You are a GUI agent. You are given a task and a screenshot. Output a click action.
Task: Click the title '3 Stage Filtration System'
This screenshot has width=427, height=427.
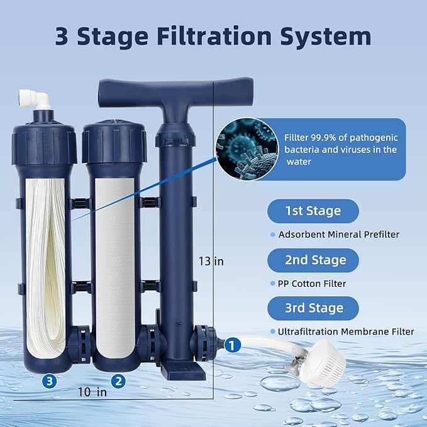tap(213, 36)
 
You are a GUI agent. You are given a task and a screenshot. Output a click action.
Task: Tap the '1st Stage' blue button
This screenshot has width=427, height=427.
tap(313, 211)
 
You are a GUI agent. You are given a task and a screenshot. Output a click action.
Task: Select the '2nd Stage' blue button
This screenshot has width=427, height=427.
tap(313, 260)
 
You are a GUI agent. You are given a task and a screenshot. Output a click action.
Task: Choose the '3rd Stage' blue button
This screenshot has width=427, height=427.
tap(313, 308)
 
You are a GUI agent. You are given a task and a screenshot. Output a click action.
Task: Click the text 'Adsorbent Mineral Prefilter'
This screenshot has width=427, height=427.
tap(338, 235)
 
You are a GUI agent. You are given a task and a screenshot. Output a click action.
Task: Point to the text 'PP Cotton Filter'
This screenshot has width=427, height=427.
tap(312, 284)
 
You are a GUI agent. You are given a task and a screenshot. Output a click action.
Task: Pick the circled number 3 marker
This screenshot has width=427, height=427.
tap(50, 380)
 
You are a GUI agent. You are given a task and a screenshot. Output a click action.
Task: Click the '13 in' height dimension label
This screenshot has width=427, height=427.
tap(211, 261)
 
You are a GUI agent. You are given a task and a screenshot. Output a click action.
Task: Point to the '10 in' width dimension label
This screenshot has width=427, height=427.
tap(93, 392)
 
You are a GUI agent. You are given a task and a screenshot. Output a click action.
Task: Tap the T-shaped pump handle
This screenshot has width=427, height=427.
tap(155, 95)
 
